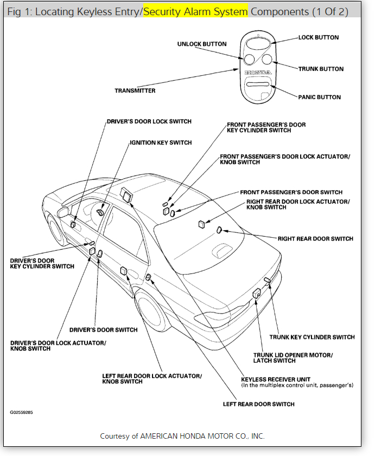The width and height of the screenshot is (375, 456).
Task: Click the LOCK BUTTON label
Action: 318,37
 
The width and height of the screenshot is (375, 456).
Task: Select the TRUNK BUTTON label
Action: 321,69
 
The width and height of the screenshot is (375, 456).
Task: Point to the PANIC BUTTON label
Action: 319,97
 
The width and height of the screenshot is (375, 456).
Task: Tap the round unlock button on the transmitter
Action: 249,59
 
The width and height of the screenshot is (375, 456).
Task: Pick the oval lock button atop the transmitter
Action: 258,43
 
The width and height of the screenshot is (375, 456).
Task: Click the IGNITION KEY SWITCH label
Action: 161,142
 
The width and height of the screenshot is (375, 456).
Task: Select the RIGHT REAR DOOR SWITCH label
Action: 315,238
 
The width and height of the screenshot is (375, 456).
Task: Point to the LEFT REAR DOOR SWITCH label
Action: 258,404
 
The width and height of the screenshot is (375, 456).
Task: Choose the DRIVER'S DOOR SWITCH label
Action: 104,329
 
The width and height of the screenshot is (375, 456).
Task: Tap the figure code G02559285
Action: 21,412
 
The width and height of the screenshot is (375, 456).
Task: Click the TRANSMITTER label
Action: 135,90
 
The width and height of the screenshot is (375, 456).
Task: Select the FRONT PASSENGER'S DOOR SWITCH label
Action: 291,192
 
